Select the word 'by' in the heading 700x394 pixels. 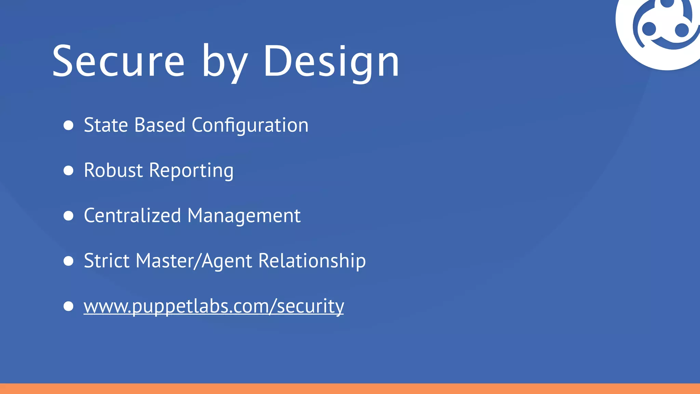(x=224, y=63)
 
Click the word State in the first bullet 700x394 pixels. (x=106, y=125)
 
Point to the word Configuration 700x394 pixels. (x=250, y=126)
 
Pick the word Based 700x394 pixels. (x=160, y=125)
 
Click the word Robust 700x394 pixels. (x=113, y=170)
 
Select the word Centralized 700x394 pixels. (x=132, y=215)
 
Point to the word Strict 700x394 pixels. (x=107, y=261)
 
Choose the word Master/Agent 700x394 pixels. (x=194, y=261)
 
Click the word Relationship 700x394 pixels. (x=312, y=261)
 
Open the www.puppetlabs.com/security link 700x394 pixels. (x=214, y=306)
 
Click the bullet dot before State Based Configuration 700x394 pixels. (x=68, y=125)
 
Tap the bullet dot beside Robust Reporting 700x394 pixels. (x=68, y=170)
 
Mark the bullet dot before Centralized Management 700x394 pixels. (x=68, y=215)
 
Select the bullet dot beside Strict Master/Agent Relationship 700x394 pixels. (x=68, y=261)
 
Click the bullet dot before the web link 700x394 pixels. (x=68, y=306)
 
